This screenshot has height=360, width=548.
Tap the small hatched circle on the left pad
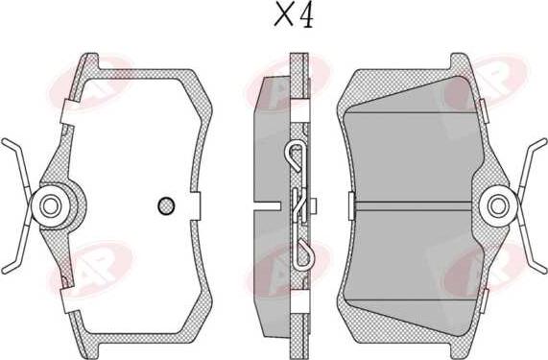tap(164, 204)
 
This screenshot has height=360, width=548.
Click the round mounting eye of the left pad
tap(49, 204)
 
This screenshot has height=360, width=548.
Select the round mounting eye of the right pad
tap(497, 204)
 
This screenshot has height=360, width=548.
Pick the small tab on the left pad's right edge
tap(195, 204)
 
